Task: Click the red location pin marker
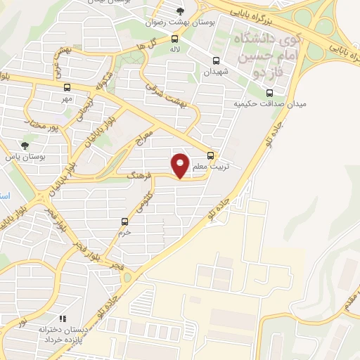(181, 165)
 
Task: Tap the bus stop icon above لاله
(174, 39)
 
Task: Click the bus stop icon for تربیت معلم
(211, 156)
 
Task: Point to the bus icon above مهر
(67, 88)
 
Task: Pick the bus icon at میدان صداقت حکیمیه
(269, 93)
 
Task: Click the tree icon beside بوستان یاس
(25, 146)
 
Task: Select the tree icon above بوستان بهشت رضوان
(181, 11)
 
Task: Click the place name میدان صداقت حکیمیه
(264, 105)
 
